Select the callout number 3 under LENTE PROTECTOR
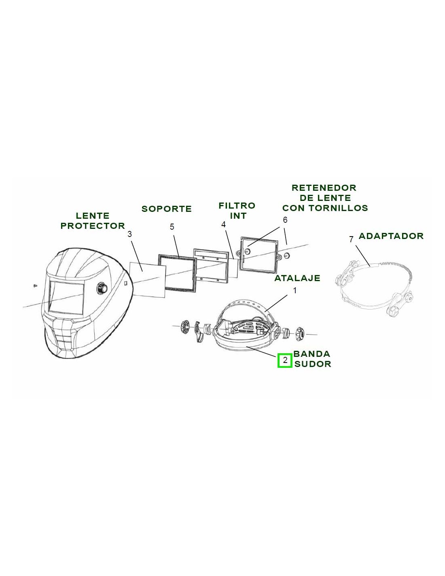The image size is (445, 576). click(x=129, y=234)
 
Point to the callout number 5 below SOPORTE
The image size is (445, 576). click(x=172, y=227)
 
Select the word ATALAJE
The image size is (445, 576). click(x=297, y=278)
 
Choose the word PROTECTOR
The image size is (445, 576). click(x=93, y=226)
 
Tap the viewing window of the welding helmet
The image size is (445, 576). click(x=66, y=298)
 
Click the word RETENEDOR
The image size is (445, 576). click(x=324, y=188)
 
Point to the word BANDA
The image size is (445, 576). click(x=311, y=354)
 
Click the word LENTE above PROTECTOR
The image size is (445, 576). click(x=93, y=216)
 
